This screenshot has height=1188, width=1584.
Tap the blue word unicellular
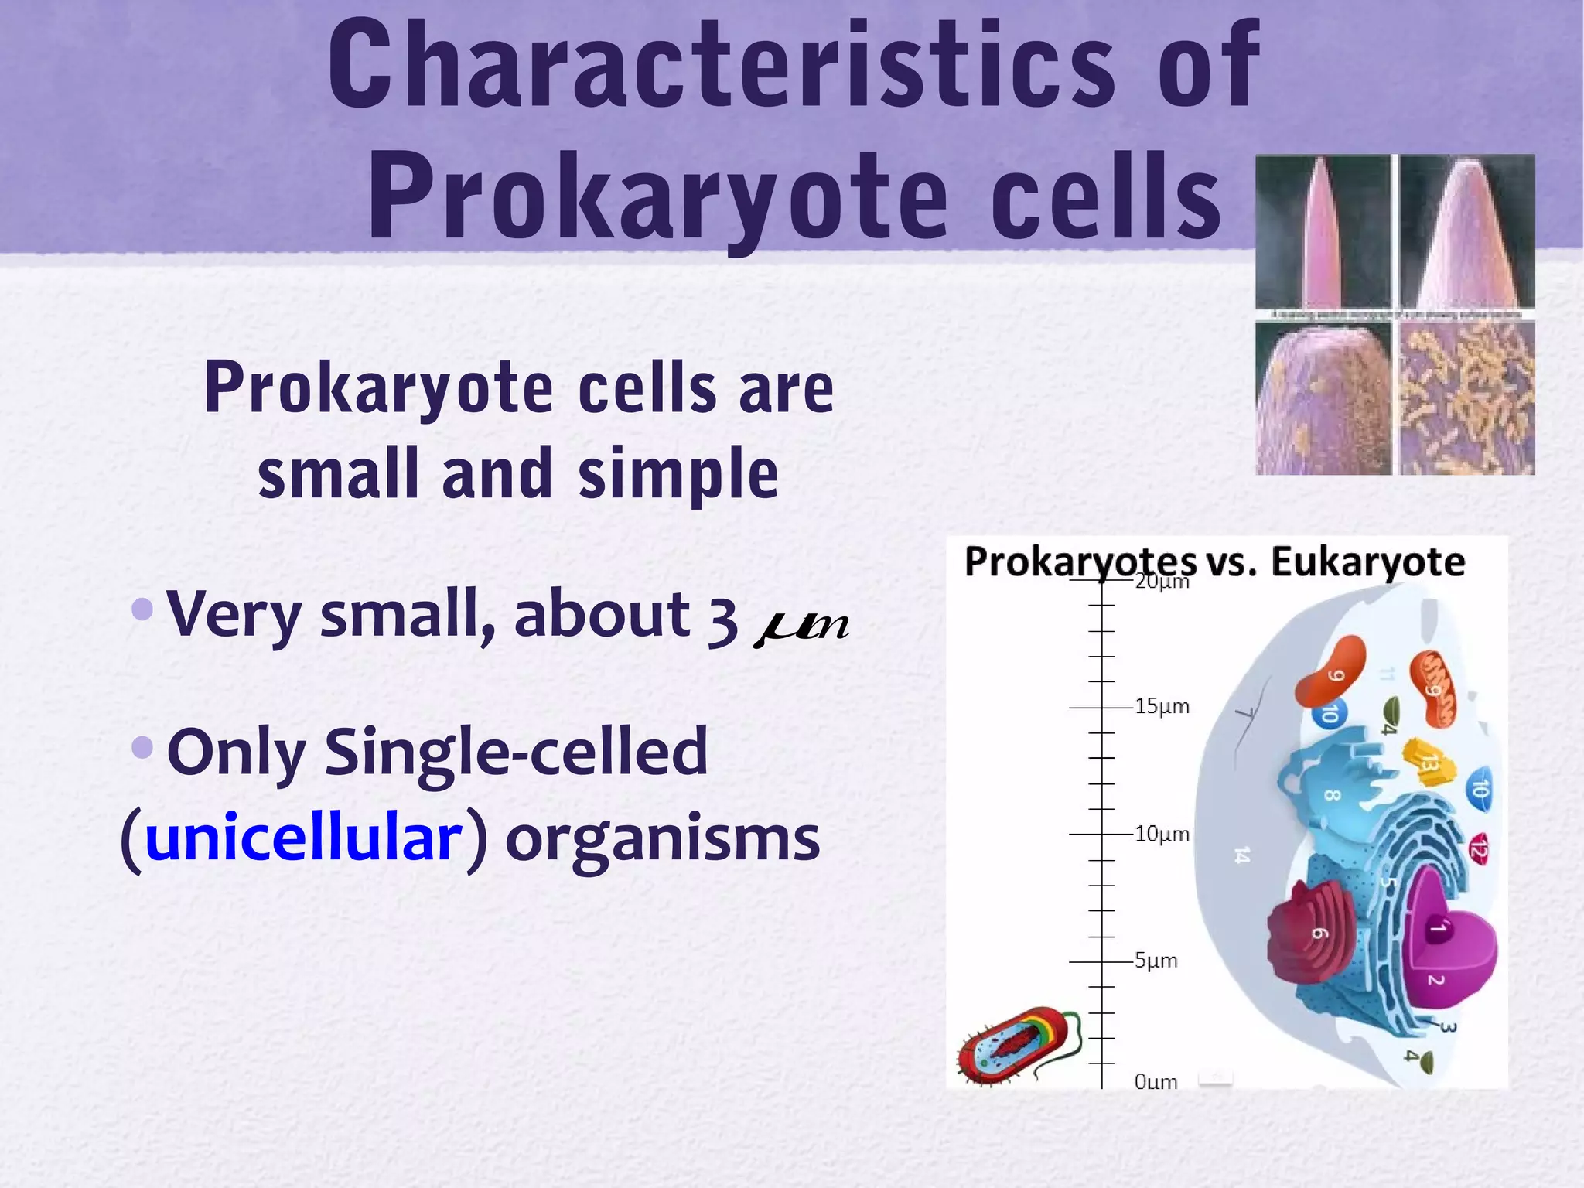(x=303, y=838)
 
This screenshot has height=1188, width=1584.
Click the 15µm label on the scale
(x=1161, y=706)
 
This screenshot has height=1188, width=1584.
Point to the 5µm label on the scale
(x=1156, y=961)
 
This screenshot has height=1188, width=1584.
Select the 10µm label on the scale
(x=1161, y=834)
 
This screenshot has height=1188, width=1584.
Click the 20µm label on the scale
(x=1161, y=582)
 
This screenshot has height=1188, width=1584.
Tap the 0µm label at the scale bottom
(x=1156, y=1082)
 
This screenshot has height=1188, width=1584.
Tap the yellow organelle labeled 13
(x=1428, y=762)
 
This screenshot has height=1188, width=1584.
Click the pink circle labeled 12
(x=1478, y=849)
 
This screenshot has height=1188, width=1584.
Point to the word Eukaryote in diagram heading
(x=1367, y=562)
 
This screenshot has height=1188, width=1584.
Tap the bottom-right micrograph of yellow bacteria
(x=1466, y=398)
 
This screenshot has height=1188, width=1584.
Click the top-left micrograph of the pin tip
(x=1323, y=232)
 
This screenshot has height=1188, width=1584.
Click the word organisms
(x=662, y=838)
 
